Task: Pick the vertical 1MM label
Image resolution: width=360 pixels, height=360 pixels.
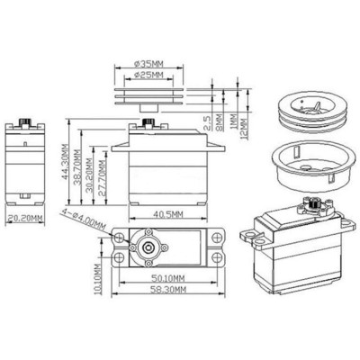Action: pos(232,118)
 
